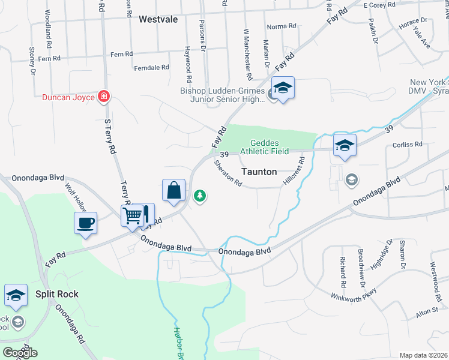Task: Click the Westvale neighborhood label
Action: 158,19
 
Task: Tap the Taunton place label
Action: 259,172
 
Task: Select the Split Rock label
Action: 56,294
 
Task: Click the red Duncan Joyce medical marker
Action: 104,97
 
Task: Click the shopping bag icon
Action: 173,190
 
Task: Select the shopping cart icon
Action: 133,214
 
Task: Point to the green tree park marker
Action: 200,196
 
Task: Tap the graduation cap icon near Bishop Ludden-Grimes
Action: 283,88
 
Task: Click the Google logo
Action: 20,353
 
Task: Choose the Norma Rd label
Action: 282,26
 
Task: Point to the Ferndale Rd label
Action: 152,68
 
